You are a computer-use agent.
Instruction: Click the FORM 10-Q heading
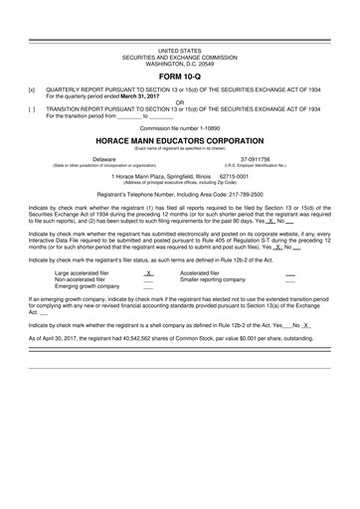pos(180,74)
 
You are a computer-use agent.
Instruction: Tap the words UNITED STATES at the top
pos(180,49)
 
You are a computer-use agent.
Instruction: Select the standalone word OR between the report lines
pos(180,100)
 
